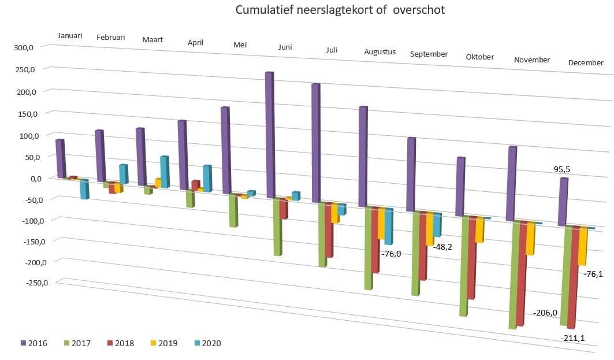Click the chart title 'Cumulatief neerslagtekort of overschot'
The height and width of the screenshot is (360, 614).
click(x=340, y=9)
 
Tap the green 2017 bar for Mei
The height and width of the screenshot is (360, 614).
click(x=233, y=210)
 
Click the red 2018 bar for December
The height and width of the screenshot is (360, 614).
click(x=571, y=277)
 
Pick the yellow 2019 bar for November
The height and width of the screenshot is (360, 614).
click(x=530, y=239)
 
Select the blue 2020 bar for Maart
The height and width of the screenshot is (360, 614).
click(x=165, y=172)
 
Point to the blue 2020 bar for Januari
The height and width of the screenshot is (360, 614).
click(x=84, y=189)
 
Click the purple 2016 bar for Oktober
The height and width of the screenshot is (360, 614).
click(x=460, y=187)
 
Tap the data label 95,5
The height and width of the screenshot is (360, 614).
click(x=562, y=170)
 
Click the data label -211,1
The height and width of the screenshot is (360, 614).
click(x=572, y=338)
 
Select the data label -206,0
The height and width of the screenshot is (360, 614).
click(x=545, y=313)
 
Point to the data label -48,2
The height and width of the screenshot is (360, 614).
click(x=442, y=247)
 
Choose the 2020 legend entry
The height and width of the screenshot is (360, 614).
click(x=207, y=343)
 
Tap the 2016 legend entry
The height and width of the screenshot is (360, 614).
click(x=34, y=343)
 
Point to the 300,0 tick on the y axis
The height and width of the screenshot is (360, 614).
click(x=24, y=47)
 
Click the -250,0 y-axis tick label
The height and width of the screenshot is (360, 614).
click(x=37, y=283)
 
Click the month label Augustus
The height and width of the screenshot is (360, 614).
click(x=380, y=52)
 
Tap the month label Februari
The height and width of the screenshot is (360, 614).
click(x=111, y=37)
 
